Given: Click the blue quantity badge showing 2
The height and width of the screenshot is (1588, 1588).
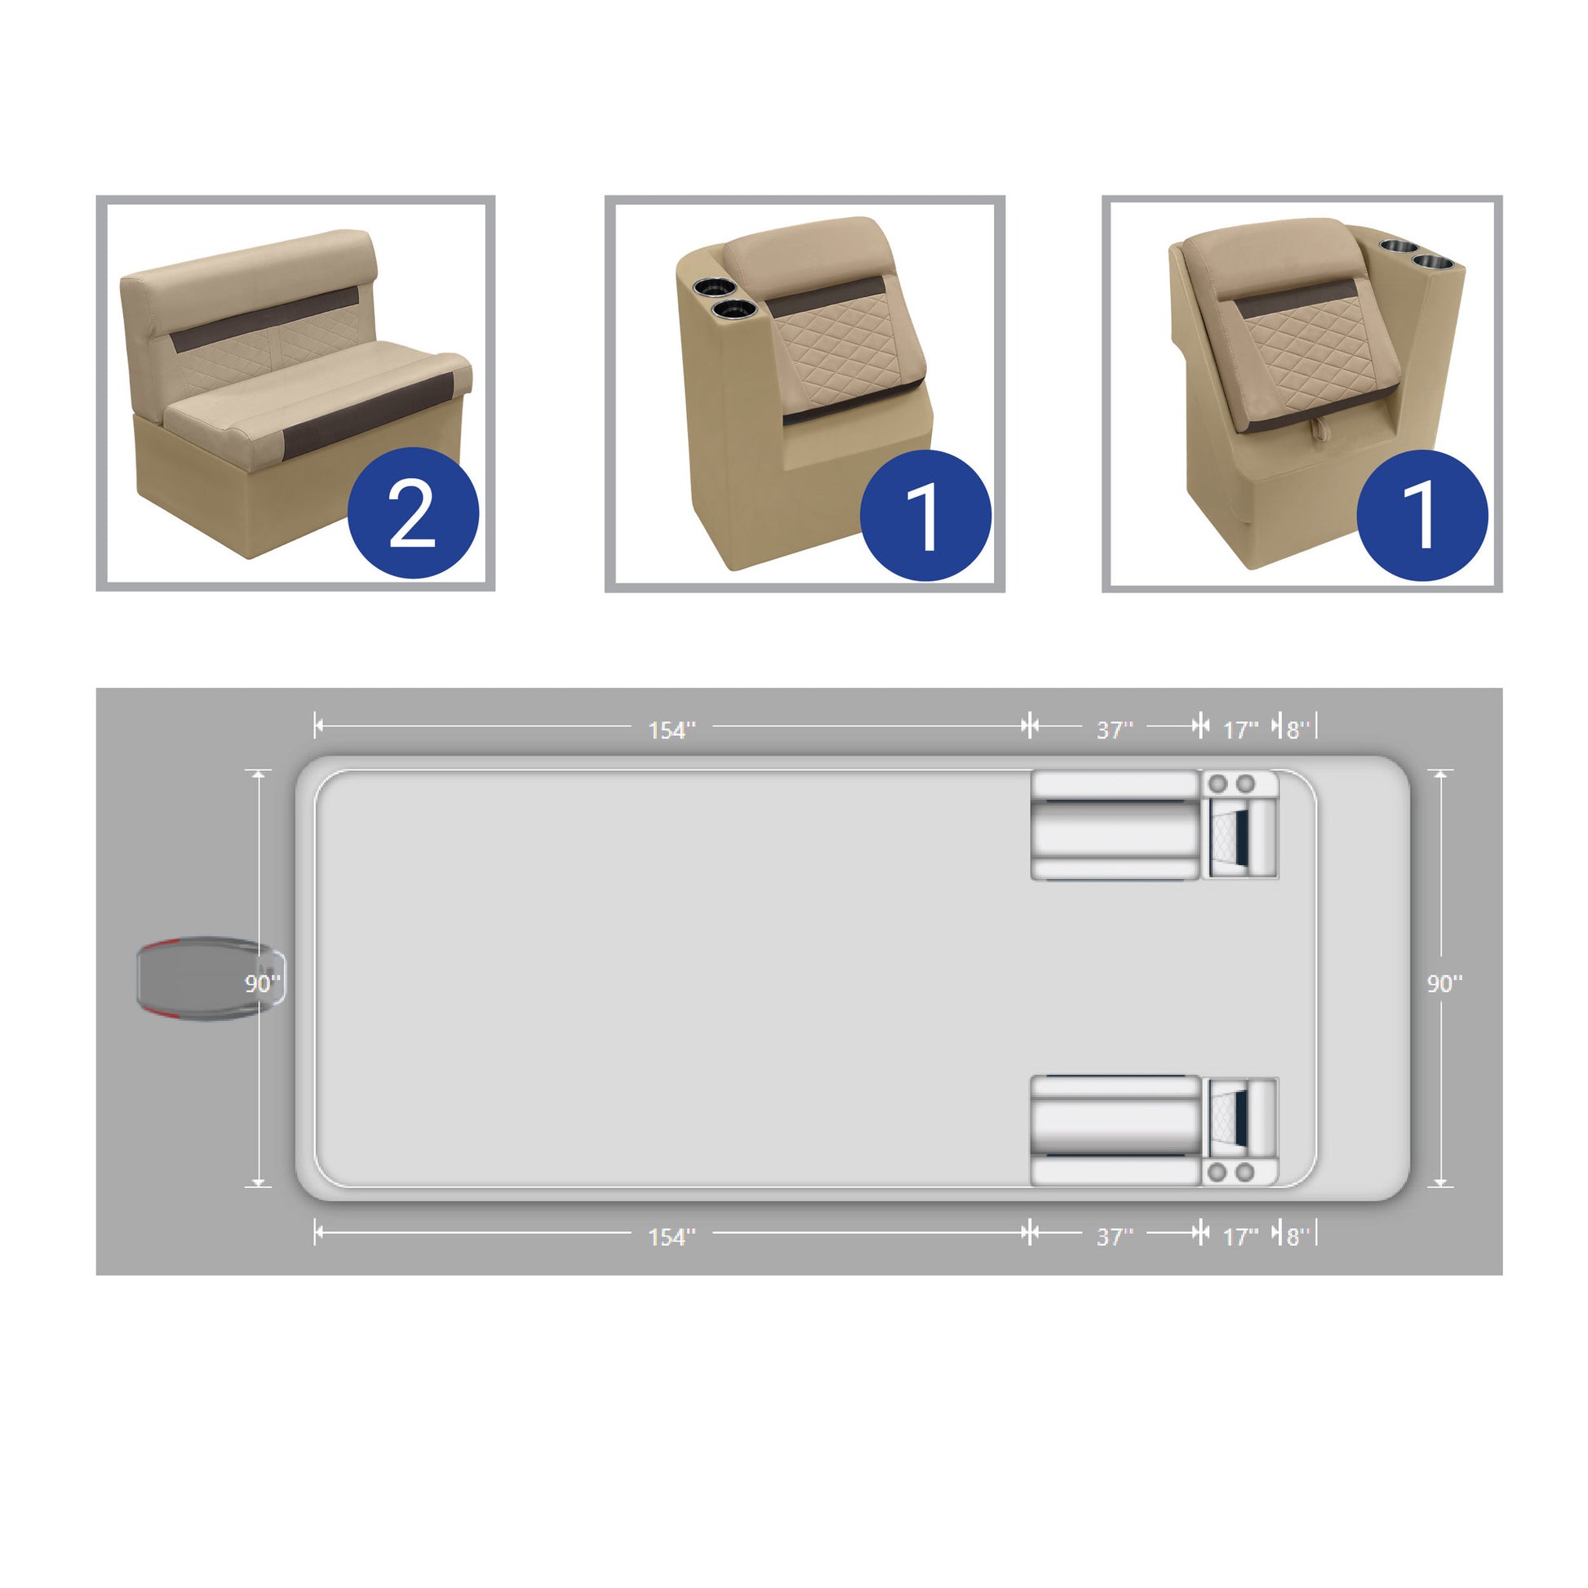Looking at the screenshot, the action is pos(413,514).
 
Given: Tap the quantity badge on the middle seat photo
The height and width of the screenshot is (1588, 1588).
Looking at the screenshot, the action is pos(925,516).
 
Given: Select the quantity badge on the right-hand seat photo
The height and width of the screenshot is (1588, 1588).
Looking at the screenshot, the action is pos(1422,516).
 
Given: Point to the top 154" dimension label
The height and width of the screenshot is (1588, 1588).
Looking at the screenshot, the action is pos(672,730).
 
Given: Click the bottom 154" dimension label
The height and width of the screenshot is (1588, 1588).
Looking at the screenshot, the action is pos(672,1236).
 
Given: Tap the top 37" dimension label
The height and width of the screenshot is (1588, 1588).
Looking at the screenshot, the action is pos(1115,730).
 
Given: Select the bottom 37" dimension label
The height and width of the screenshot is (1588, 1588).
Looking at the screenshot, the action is pos(1115,1236).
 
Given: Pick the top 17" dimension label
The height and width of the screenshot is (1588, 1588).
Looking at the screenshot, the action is pos(1240,730).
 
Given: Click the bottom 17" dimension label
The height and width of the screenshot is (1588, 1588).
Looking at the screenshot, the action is pos(1240,1236).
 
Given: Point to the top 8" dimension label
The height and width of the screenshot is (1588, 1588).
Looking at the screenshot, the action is pos(1297,730).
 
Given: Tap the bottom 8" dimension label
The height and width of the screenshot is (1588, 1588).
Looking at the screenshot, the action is pos(1297,1236).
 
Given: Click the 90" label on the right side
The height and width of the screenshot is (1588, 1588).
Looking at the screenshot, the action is pos(1444,983).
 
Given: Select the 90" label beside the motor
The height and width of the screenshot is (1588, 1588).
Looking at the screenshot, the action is pos(262,983).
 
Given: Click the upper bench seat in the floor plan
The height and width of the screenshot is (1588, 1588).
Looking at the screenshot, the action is pos(1116,825).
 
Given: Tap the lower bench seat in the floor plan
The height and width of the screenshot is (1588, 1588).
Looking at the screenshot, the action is pos(1116,1130).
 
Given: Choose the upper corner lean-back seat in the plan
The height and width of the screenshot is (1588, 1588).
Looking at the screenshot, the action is pos(1240,824).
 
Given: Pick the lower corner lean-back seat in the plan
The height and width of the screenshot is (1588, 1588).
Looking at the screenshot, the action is pos(1240,1132).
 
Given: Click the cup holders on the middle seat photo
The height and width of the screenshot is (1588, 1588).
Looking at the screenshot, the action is pos(725,299).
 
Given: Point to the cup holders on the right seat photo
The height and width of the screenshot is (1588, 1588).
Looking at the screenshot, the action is pos(1412,255).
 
